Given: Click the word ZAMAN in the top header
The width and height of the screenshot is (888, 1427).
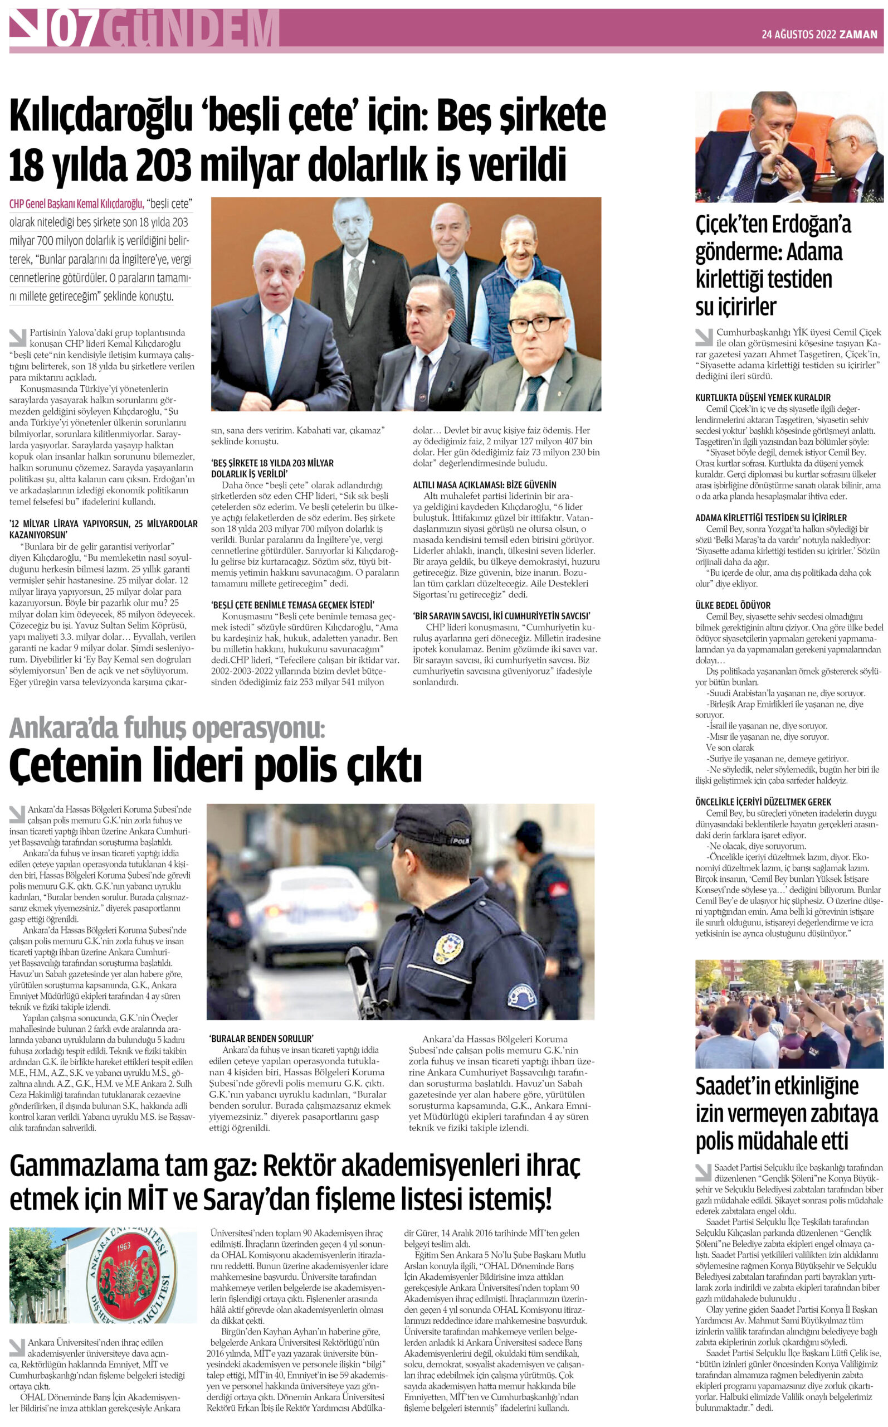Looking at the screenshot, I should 858,35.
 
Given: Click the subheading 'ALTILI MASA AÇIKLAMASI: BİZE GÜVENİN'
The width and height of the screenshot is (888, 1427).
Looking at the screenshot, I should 484,484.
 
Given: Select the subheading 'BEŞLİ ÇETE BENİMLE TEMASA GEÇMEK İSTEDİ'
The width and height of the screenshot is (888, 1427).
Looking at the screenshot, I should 292,604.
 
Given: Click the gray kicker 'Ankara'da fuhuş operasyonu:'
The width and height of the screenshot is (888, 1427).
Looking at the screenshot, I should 167,729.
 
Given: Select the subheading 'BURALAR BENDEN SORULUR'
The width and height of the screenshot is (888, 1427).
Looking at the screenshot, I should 261,1038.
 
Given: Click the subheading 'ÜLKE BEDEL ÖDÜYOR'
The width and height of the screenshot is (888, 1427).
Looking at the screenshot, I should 733,605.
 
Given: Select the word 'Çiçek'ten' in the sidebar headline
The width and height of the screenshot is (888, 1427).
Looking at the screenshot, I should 731,225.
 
